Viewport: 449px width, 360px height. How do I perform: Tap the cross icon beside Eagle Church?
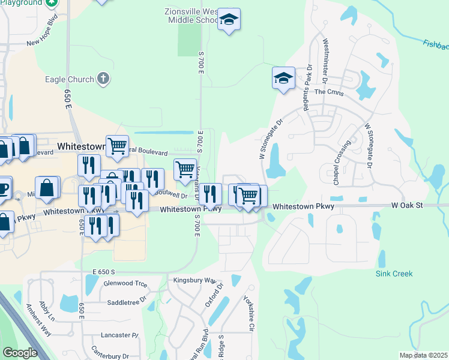coord(104,79)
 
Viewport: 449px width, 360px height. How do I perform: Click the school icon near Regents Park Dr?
coord(283,78)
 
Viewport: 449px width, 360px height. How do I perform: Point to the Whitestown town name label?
coord(82,146)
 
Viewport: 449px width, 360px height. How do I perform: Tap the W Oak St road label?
coord(408,205)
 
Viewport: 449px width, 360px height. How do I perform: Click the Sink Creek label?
coord(394,274)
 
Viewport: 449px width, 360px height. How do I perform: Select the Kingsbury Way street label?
coord(194,280)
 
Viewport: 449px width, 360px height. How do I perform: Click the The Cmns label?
coord(328,92)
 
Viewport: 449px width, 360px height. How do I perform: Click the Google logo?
coord(20,353)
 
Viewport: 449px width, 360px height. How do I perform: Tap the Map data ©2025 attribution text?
coord(423,355)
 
